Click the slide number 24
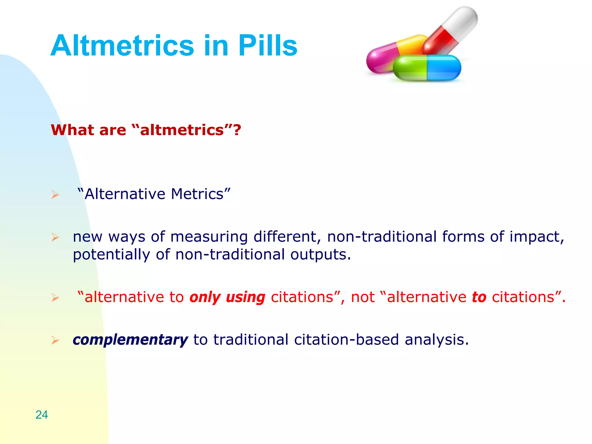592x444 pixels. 42,415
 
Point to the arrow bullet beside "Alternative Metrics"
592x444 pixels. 55,195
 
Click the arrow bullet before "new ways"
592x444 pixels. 55,237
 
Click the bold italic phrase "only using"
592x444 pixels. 227,297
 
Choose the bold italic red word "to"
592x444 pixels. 479,297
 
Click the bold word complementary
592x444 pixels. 130,340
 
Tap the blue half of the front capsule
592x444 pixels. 444,68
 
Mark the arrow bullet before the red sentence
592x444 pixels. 55,297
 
